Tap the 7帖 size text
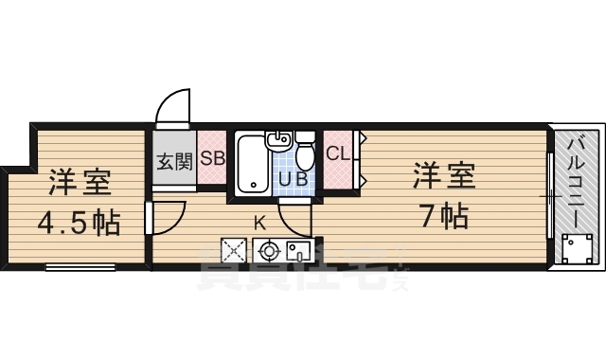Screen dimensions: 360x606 (x=441, y=217)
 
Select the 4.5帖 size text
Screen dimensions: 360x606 (x=78, y=224)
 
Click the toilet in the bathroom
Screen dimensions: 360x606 (x=305, y=152)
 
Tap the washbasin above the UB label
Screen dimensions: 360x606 (x=278, y=142)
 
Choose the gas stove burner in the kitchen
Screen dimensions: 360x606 (x=268, y=252)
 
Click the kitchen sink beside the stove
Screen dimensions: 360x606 (x=298, y=252)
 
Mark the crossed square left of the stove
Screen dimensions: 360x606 (x=233, y=252)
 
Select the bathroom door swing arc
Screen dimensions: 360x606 (x=295, y=222)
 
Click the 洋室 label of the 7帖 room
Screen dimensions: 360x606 (x=442, y=175)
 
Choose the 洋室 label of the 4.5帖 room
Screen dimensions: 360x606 (x=79, y=180)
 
